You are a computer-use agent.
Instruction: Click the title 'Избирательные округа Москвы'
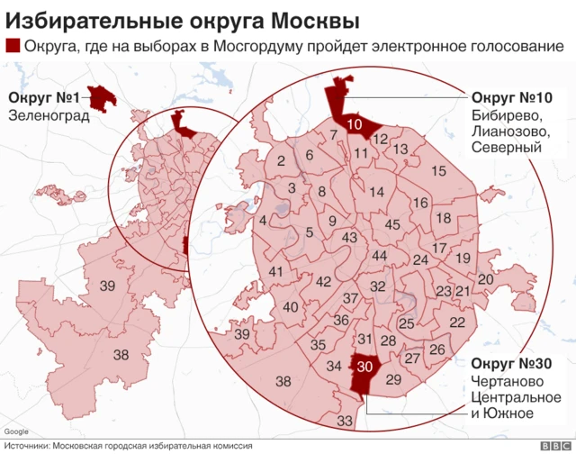[180, 20]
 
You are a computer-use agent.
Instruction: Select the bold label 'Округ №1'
[44, 97]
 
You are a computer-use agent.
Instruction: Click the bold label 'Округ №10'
[511, 97]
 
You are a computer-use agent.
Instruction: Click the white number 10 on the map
[354, 125]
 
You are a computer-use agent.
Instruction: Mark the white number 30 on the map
[364, 366]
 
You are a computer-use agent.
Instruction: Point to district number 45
[392, 224]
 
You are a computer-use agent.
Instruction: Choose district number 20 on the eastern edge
[485, 279]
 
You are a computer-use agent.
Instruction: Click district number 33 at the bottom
[345, 421]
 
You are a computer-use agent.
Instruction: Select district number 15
[439, 170]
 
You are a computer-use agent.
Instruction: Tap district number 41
[276, 272]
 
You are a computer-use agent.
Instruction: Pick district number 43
[351, 237]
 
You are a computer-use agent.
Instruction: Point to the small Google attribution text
[14, 431]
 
